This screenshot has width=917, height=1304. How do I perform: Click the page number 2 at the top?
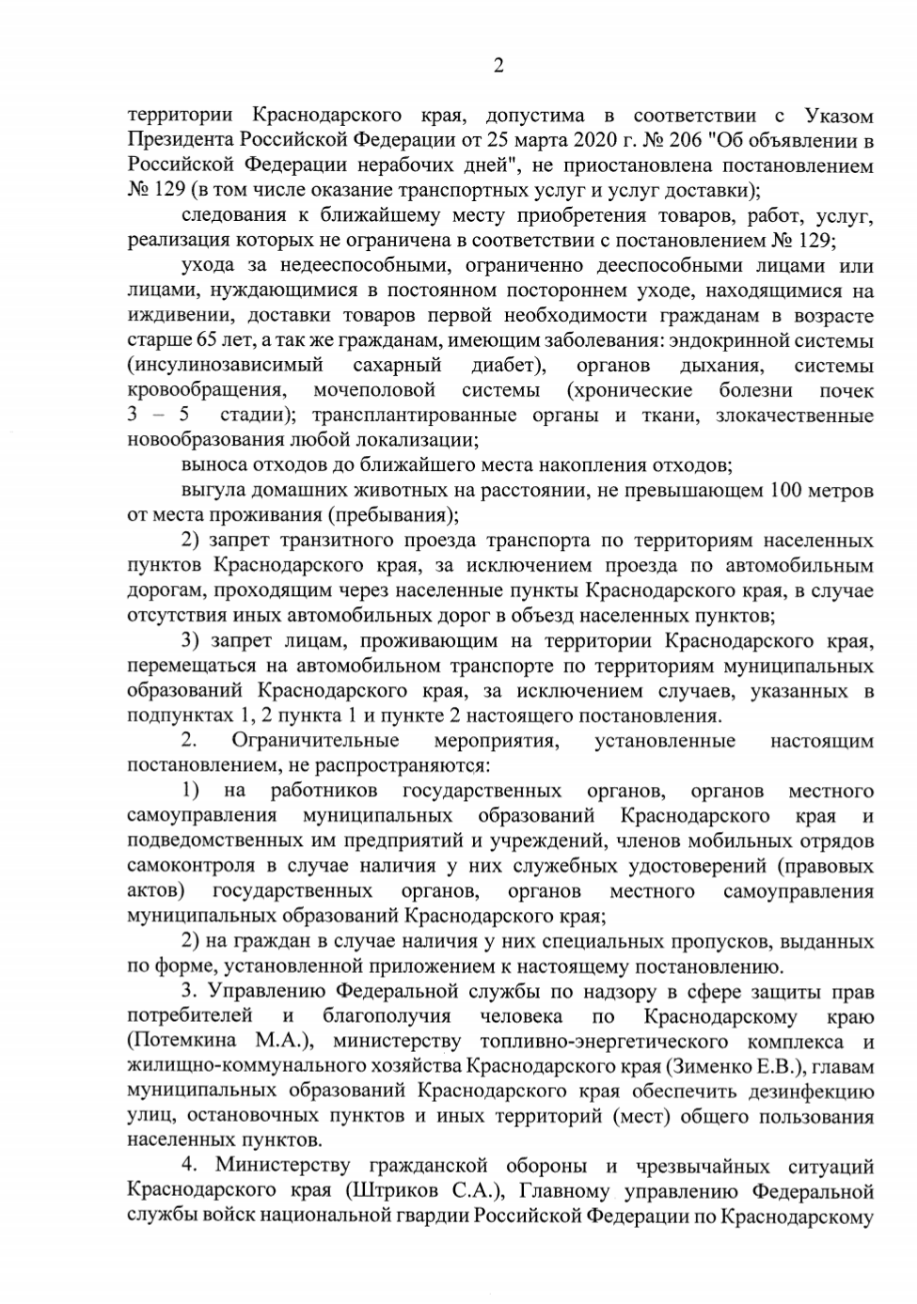pos(498,66)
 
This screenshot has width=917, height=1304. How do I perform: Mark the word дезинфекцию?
pos(808,1092)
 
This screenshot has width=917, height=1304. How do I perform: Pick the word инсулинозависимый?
pos(226,365)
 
